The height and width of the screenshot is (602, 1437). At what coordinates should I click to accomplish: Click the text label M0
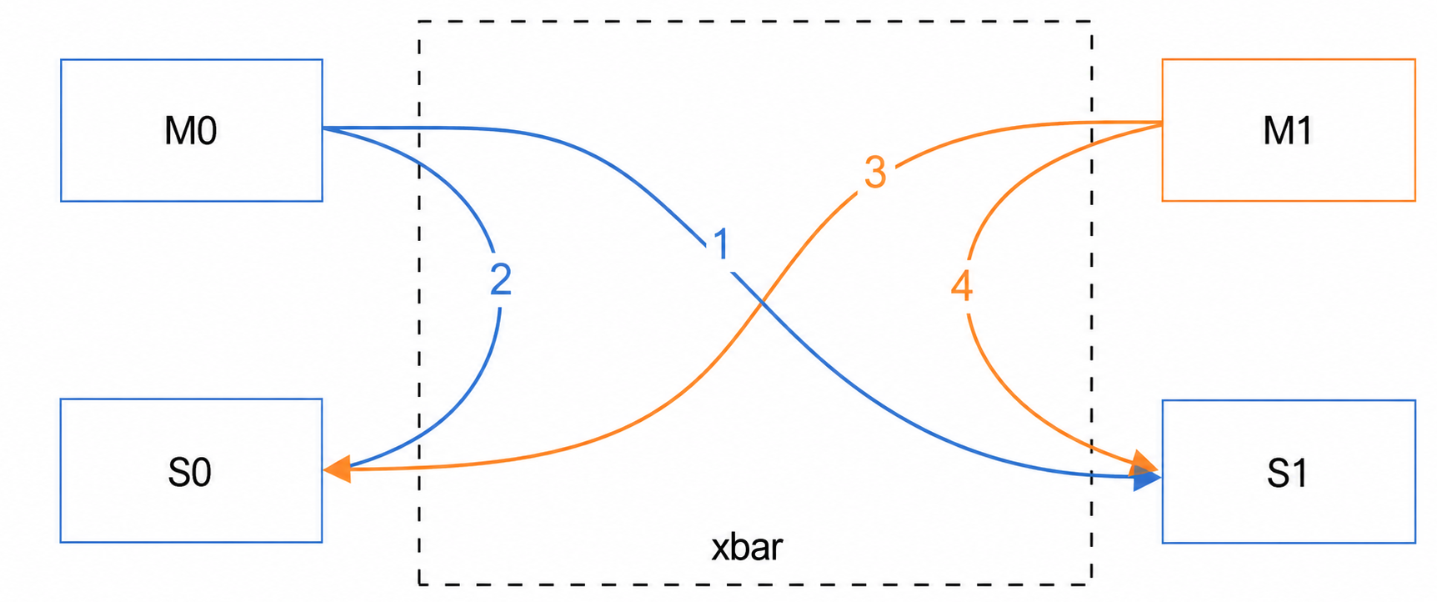pyautogui.click(x=191, y=131)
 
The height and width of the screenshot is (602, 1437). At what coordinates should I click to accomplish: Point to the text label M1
pyautogui.click(x=1288, y=131)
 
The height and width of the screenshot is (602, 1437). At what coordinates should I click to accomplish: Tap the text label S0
pyautogui.click(x=190, y=473)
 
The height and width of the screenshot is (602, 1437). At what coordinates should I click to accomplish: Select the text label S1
pyautogui.click(x=1287, y=474)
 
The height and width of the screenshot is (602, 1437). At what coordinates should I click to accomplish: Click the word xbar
pyautogui.click(x=747, y=547)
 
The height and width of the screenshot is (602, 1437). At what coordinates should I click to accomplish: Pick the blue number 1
pyautogui.click(x=722, y=244)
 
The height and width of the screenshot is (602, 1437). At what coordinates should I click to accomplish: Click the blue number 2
pyautogui.click(x=500, y=279)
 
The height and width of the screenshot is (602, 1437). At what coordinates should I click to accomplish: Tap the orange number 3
pyautogui.click(x=874, y=173)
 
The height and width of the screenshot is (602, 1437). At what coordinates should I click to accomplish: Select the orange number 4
pyautogui.click(x=962, y=286)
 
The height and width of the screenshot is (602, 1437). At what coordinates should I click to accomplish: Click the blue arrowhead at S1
pyautogui.click(x=1147, y=478)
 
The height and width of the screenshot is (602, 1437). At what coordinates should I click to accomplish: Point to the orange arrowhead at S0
pyautogui.click(x=337, y=469)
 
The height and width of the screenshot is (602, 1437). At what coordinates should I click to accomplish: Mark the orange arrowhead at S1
pyautogui.click(x=1145, y=464)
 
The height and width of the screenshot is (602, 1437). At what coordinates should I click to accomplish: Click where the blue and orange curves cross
pyautogui.click(x=761, y=304)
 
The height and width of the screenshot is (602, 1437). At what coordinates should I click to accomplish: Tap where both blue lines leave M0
pyautogui.click(x=323, y=128)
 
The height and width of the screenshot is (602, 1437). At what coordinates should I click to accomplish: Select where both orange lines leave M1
pyautogui.click(x=1162, y=123)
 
